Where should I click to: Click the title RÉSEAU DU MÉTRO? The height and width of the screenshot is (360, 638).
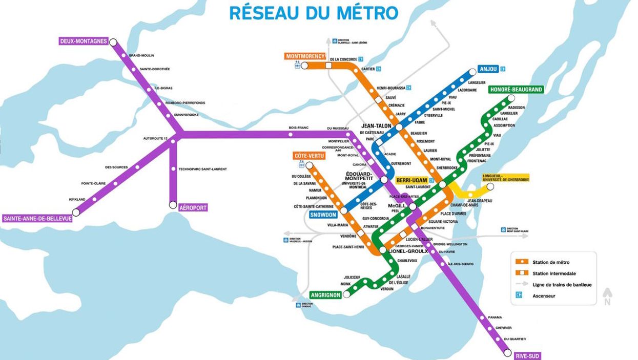click(314, 12)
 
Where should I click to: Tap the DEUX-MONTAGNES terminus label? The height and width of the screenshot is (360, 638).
click(84, 41)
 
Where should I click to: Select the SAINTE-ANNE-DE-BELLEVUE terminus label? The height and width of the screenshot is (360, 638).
click(37, 219)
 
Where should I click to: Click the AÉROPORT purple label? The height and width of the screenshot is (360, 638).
click(193, 208)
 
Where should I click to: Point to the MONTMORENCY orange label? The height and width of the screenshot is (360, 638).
click(305, 56)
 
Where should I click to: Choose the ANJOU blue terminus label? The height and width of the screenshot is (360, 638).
click(488, 69)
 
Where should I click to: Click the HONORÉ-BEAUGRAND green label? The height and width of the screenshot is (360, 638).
click(516, 90)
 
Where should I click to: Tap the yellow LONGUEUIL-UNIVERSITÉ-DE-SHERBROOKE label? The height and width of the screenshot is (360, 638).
click(505, 178)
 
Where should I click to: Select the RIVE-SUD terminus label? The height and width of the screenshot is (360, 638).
click(528, 355)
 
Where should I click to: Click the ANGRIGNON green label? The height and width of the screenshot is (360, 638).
click(325, 295)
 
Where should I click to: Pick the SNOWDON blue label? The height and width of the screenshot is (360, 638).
click(323, 215)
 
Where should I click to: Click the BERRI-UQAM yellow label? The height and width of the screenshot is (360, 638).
click(411, 181)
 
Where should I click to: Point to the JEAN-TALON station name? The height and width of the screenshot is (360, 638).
click(376, 125)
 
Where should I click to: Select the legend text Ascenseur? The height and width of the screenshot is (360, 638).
click(544, 295)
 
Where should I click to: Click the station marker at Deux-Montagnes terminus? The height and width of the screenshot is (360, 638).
click(113, 43)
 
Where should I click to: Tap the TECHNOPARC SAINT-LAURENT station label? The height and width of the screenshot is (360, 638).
click(202, 169)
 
